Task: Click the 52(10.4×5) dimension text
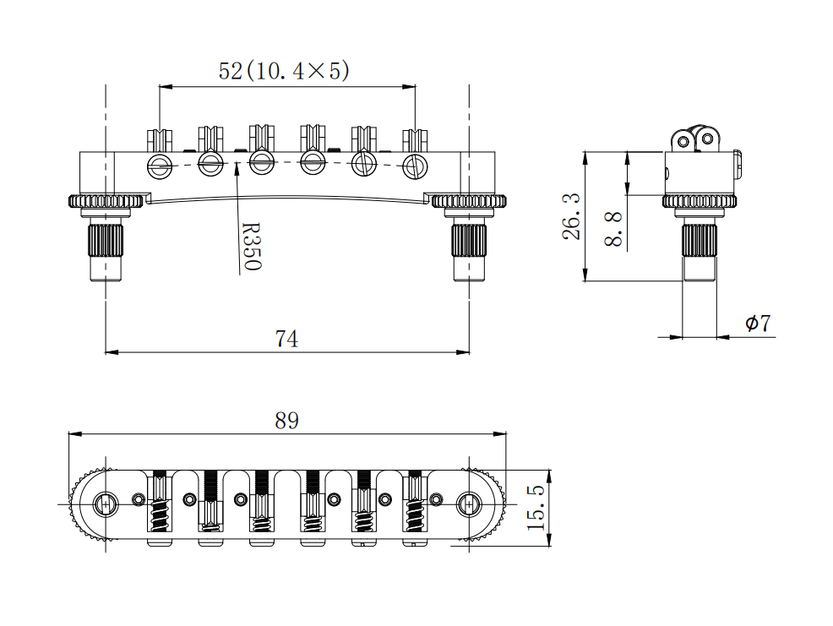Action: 284,71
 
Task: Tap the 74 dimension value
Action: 286,340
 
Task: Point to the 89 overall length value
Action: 286,420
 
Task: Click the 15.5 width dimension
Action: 536,508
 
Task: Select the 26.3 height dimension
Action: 571,216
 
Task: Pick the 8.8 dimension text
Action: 614,229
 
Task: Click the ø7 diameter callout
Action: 757,324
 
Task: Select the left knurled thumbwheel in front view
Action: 105,201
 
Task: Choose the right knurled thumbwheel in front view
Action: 469,201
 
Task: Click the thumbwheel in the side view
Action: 700,202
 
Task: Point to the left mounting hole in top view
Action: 106,504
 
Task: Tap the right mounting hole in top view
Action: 468,504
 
